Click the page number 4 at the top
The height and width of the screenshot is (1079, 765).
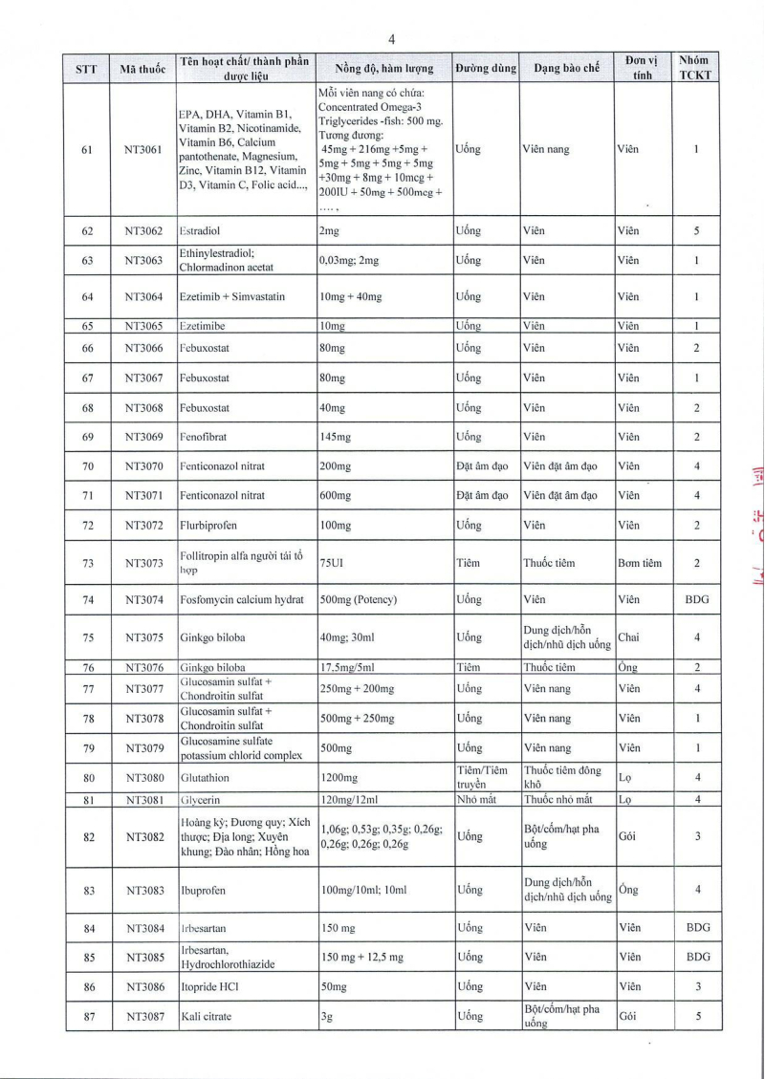tap(392, 39)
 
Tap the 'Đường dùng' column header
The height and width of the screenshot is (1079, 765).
tap(486, 69)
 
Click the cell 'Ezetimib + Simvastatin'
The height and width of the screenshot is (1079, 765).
tap(231, 297)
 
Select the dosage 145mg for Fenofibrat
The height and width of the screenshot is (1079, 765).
tap(335, 437)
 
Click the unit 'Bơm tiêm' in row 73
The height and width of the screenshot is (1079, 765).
tap(640, 563)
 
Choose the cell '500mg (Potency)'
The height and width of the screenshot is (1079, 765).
tap(359, 600)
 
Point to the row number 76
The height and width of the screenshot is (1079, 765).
tap(87, 668)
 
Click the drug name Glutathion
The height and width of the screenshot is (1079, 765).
tap(205, 778)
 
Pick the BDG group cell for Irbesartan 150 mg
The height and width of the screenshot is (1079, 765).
tap(697, 928)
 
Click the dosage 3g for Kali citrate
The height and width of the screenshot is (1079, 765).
tap(325, 1017)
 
